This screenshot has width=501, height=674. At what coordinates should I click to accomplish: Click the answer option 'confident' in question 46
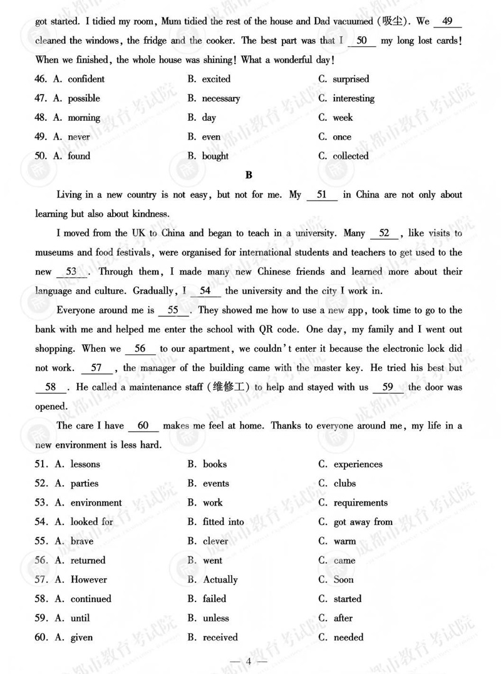[86, 79]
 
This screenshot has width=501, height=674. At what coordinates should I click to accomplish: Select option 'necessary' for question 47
[220, 98]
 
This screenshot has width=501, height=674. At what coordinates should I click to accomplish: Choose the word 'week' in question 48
[343, 118]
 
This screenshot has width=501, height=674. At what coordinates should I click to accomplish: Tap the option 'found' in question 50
[79, 156]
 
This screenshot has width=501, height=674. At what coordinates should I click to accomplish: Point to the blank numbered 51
[323, 195]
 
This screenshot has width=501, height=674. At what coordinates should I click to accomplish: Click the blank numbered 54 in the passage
[205, 291]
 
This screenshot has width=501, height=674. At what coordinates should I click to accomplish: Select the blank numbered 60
[143, 426]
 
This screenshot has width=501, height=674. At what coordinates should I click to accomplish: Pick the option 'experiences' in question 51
[358, 464]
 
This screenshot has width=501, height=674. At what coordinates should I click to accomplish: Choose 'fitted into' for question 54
[223, 522]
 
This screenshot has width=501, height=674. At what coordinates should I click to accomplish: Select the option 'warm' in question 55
[344, 541]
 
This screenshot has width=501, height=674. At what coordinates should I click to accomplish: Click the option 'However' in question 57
[88, 580]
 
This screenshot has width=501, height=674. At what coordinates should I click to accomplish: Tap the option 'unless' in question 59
[215, 618]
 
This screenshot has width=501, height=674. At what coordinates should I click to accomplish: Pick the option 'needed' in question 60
[348, 638]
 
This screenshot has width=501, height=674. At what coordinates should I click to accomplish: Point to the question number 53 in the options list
[41, 503]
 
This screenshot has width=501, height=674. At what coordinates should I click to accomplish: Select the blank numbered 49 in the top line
[447, 21]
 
